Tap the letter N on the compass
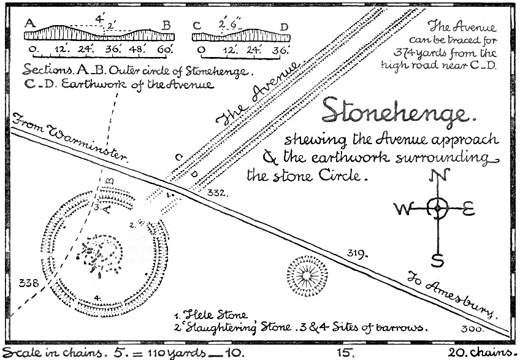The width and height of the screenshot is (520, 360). point(438,177)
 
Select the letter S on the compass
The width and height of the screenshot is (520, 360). point(438,260)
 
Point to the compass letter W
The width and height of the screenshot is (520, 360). point(402,210)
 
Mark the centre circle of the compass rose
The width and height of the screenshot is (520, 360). point(437,209)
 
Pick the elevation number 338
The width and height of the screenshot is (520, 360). point(29,283)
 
